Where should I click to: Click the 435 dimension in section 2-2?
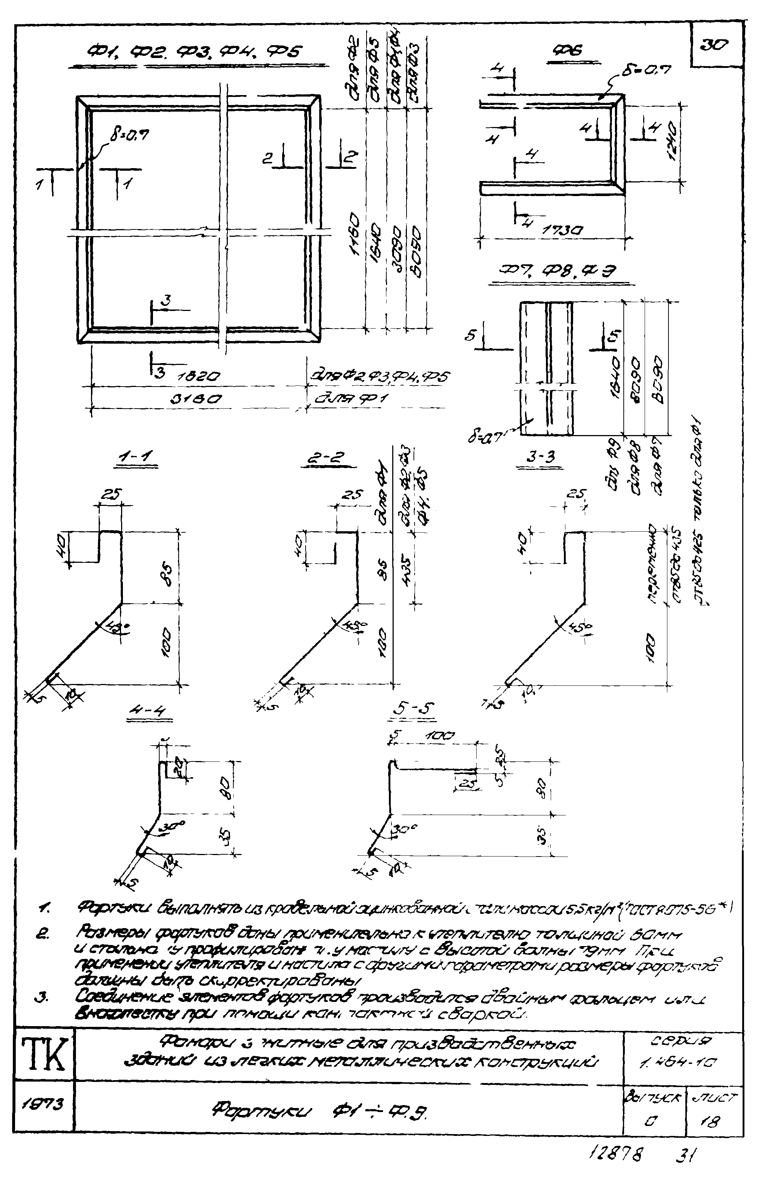click(x=405, y=574)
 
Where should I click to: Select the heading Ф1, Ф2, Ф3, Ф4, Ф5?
click(x=195, y=53)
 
